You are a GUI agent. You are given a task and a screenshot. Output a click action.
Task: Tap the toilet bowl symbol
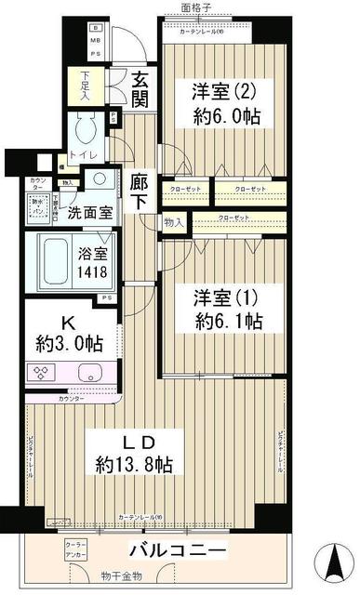click(x=89, y=127)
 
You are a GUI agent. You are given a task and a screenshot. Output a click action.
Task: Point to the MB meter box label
click(x=94, y=41)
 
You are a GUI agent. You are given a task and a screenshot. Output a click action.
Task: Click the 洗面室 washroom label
click(x=90, y=211)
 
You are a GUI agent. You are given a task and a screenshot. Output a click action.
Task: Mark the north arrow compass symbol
click(x=332, y=562)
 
